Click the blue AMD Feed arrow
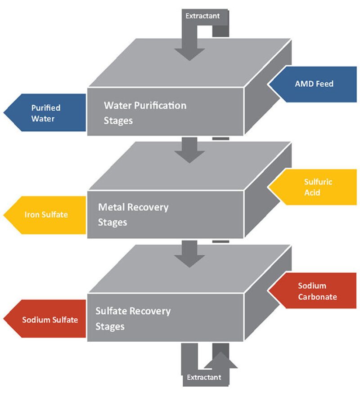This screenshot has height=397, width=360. pyautogui.click(x=315, y=84)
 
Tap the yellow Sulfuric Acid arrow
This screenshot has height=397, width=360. pyautogui.click(x=315, y=187)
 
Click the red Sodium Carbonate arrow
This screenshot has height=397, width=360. pyautogui.click(x=315, y=291)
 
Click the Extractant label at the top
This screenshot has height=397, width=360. pyautogui.click(x=202, y=16)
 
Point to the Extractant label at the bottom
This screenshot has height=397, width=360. pyautogui.click(x=204, y=377)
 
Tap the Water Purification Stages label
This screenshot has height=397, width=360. pyautogui.click(x=144, y=113)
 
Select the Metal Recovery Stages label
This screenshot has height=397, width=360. pyautogui.click(x=133, y=214)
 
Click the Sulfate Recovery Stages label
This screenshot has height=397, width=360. pyautogui.click(x=133, y=318)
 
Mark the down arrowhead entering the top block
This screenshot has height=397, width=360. pyautogui.click(x=190, y=52)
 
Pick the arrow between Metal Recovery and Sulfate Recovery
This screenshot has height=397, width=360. pyautogui.click(x=190, y=254)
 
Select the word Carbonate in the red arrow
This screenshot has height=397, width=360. pyautogui.click(x=317, y=297)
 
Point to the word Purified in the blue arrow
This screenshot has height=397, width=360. pyautogui.click(x=45, y=108)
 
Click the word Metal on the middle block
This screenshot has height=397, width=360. pyautogui.click(x=112, y=207)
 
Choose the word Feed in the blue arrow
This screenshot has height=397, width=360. pyautogui.click(x=324, y=84)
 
